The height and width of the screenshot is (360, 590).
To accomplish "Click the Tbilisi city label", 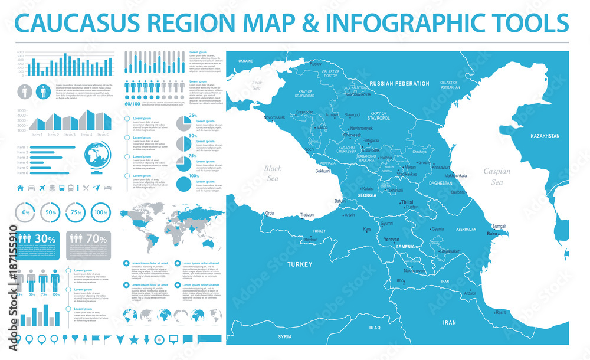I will (407, 202).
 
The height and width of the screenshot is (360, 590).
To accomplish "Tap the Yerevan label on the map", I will (392, 240).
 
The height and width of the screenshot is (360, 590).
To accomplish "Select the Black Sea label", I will (272, 172).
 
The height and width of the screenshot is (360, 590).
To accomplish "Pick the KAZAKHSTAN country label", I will (545, 136).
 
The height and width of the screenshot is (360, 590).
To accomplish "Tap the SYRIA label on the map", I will (285, 336).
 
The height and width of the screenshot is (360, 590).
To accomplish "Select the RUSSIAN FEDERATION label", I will (395, 84).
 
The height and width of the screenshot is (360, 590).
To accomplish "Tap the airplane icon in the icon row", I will (41, 188).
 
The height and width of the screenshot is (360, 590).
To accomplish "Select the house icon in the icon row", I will (21, 188).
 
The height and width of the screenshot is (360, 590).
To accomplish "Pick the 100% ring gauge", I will (101, 211).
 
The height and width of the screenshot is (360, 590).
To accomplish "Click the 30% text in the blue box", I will (45, 239).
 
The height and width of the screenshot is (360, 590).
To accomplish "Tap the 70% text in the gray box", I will (96, 239).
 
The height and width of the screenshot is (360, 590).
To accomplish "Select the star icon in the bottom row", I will (133, 339).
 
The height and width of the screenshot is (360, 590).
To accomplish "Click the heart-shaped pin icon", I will (76, 339).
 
